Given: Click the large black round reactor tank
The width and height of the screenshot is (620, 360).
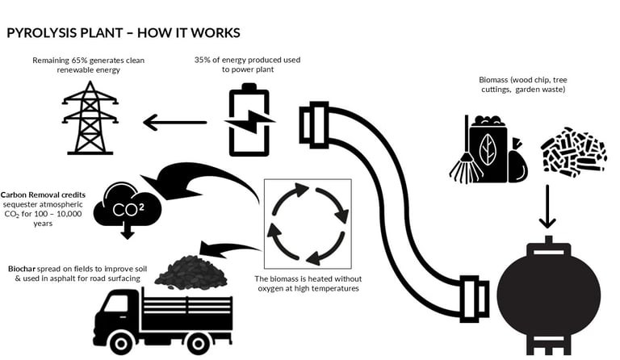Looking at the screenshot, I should pyautogui.click(x=548, y=291).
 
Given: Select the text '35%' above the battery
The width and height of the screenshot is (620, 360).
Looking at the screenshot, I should pyautogui.click(x=203, y=60).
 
